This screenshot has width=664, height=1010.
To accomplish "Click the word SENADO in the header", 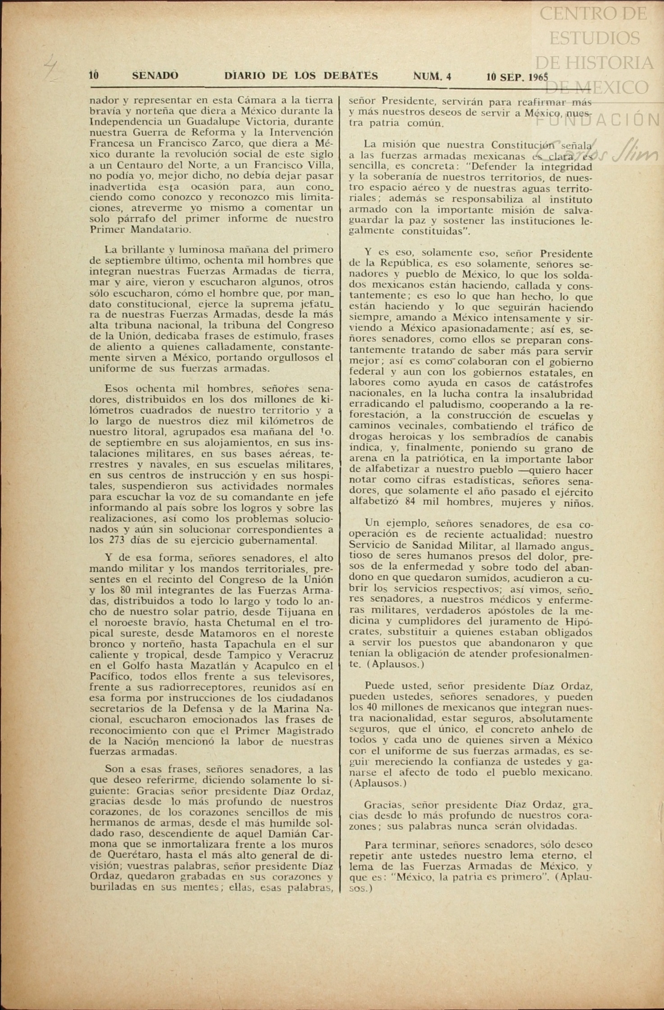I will coord(155,76).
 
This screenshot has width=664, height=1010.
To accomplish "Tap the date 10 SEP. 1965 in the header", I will coord(517,77).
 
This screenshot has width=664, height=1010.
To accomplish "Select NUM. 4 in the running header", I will coord(432,77).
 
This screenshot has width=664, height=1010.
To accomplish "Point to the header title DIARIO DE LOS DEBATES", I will coord(301,76).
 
